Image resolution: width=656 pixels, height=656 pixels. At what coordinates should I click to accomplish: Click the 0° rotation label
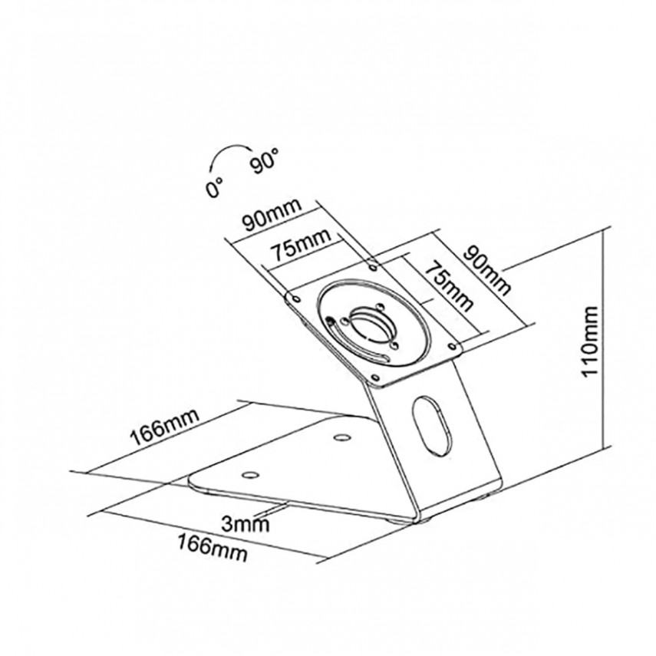[x=214, y=186]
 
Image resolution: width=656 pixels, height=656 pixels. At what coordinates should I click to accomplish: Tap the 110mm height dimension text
[x=591, y=341]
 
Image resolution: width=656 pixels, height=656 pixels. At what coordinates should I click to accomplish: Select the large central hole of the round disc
[x=369, y=323]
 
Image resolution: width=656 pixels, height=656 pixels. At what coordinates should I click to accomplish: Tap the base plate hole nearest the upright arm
[x=340, y=438]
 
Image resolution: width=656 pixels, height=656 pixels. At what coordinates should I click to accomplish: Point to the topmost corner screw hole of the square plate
[x=373, y=267]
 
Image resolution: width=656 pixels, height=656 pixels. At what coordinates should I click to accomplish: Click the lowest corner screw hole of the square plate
[x=376, y=376]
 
